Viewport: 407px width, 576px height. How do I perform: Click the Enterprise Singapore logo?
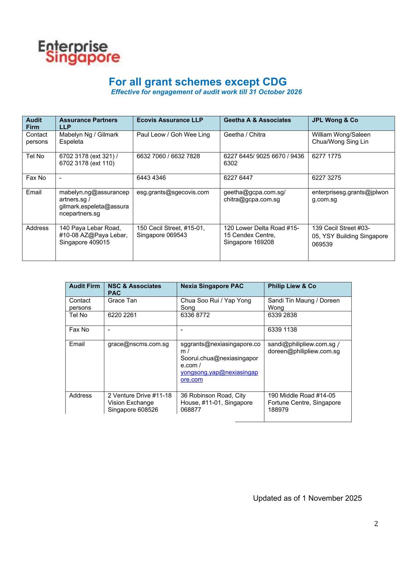click(x=79, y=53)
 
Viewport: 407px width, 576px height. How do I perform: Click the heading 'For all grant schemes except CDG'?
click(x=197, y=82)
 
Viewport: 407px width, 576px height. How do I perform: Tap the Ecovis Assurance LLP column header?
click(x=170, y=120)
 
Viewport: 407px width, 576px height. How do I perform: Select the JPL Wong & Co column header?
click(x=335, y=120)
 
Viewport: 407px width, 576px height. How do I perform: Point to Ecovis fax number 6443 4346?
click(x=151, y=178)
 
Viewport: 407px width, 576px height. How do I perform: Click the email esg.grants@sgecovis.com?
click(x=173, y=192)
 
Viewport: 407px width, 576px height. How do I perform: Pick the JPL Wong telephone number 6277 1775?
click(x=326, y=156)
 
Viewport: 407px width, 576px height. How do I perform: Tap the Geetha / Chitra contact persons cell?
click(x=245, y=135)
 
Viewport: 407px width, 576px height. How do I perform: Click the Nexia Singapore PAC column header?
click(x=212, y=286)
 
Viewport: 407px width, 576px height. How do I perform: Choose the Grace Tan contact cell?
click(x=122, y=301)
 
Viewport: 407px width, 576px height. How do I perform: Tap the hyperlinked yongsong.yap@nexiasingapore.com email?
click(x=219, y=376)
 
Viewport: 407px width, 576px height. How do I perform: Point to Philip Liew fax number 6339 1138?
click(x=282, y=330)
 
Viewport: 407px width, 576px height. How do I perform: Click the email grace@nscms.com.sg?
click(x=138, y=344)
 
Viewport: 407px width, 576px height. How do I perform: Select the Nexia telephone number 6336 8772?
click(x=195, y=315)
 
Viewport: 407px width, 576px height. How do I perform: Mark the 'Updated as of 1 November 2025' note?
click(x=307, y=498)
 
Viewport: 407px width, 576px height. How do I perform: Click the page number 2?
click(x=376, y=524)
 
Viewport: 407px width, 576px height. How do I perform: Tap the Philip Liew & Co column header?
click(x=292, y=286)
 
